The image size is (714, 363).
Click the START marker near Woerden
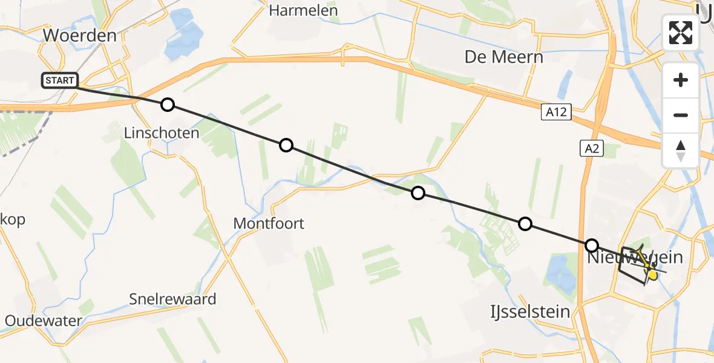click(x=60, y=80)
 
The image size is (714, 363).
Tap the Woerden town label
click(x=80, y=36)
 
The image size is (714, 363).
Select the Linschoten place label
click(x=161, y=133)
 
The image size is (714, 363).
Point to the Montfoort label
click(x=269, y=224)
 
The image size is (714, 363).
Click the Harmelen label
click(x=303, y=10)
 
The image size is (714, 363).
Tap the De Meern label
click(x=503, y=57)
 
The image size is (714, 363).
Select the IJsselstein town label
click(x=530, y=312)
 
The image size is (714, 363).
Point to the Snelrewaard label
click(x=172, y=299)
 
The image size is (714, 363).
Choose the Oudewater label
click(x=43, y=321)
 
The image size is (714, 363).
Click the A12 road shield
click(x=556, y=112)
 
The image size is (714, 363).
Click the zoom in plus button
click(x=681, y=80)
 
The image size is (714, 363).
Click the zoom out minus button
click(x=681, y=115)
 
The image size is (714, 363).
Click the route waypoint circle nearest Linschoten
click(x=168, y=105)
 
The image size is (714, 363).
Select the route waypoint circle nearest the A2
click(x=592, y=246)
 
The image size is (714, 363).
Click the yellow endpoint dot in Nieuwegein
click(x=652, y=275)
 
